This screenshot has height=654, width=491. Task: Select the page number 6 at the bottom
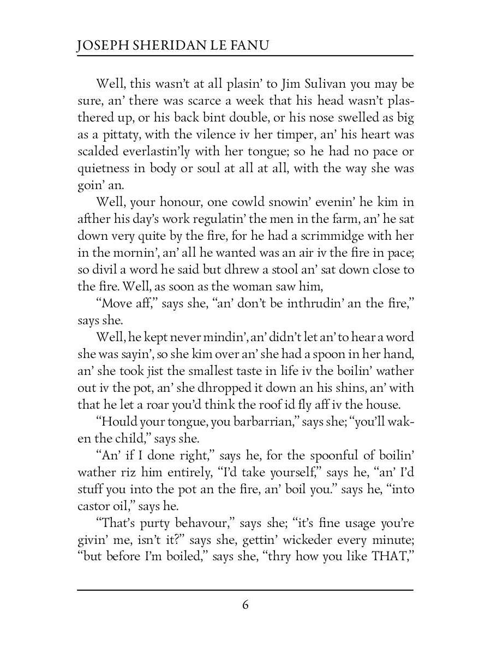[245, 605]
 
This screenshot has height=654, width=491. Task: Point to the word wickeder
[316, 541]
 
